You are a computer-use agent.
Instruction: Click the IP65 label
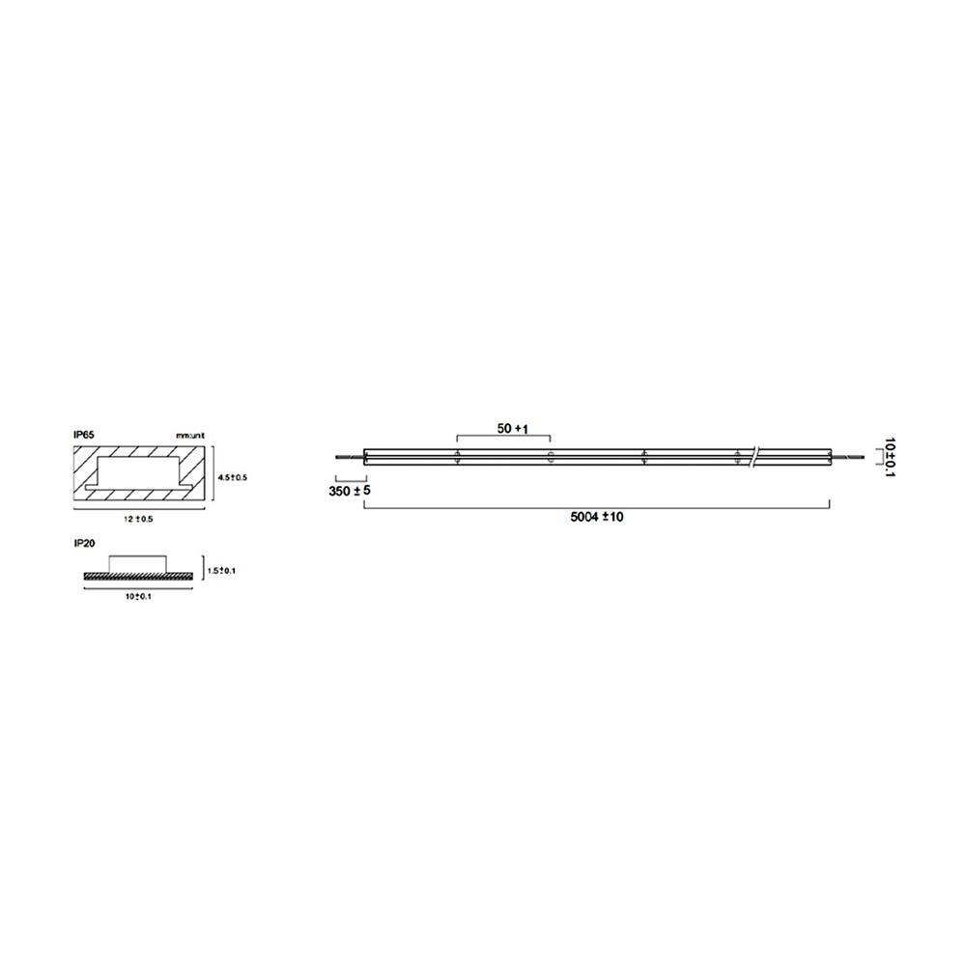tap(83, 436)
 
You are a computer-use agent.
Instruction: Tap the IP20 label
tap(83, 545)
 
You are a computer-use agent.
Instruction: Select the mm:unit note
tap(189, 437)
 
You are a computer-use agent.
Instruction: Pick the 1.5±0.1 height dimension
tap(221, 571)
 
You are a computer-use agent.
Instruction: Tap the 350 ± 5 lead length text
tap(349, 492)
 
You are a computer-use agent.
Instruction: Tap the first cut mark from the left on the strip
tap(456, 457)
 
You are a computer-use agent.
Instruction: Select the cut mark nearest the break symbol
tap(738, 457)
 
